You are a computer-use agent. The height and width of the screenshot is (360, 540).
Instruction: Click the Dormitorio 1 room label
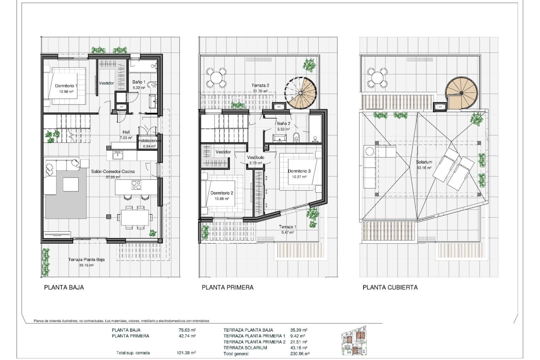coord(66,86)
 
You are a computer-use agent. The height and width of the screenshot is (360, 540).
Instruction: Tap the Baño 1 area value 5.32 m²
coord(139,88)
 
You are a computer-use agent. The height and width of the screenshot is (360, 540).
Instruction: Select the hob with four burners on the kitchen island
coord(136,185)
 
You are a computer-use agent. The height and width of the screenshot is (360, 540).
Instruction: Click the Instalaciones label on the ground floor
coord(149,141)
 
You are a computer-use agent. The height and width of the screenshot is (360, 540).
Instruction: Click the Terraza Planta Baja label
coord(86,260)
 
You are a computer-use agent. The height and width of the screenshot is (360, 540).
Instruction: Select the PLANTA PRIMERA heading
coord(228,287)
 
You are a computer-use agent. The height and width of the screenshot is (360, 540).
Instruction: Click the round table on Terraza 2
coord(216,77)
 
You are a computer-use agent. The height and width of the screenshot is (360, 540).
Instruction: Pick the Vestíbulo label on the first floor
coord(255,157)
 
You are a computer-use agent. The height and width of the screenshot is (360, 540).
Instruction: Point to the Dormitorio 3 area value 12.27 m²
coord(299,177)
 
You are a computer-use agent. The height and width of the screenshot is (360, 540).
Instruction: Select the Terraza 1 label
coord(287,227)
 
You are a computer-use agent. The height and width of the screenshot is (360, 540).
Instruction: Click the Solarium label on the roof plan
coord(424,162)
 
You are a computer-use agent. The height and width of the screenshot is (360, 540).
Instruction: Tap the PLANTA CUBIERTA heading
coord(390,287)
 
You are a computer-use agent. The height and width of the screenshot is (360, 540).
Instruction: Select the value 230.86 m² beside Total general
coord(300,354)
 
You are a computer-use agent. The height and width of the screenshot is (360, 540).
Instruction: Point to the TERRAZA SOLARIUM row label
coord(245,348)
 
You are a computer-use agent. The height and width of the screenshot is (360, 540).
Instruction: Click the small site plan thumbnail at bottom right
coord(354,341)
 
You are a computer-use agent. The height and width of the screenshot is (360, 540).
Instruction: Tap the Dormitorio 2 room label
coord(222,193)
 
